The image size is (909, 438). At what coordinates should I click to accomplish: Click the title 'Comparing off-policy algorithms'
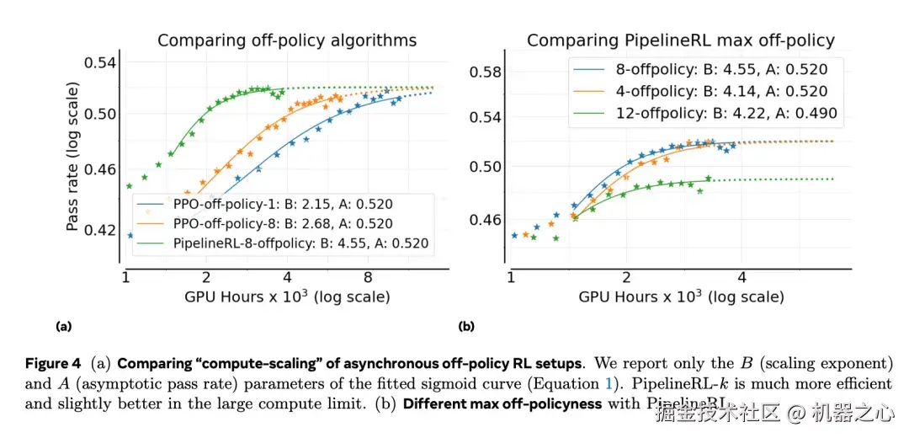tap(287, 40)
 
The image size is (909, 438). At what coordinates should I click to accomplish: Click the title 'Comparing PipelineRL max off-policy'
tap(680, 40)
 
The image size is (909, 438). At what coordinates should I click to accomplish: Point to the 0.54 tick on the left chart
tap(104, 62)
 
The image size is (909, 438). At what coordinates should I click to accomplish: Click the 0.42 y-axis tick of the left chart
tap(104, 229)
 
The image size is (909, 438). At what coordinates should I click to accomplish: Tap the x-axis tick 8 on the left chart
tap(368, 276)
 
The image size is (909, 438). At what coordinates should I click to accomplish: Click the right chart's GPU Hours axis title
tap(681, 297)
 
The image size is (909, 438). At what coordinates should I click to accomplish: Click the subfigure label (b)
tap(465, 325)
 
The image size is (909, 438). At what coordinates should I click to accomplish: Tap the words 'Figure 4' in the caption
tap(52, 364)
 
